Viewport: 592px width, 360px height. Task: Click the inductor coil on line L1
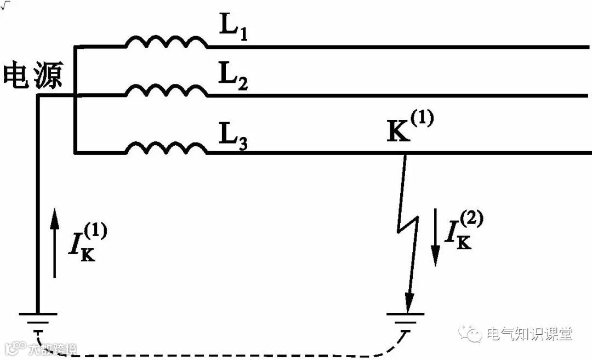click(167, 42)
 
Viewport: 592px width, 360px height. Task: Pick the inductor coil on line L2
click(167, 90)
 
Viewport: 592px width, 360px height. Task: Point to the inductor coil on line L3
click(167, 148)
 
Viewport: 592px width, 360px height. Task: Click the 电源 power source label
click(33, 76)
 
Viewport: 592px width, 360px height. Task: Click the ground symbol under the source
click(38, 321)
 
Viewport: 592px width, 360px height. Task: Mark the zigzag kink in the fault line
click(406, 222)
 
